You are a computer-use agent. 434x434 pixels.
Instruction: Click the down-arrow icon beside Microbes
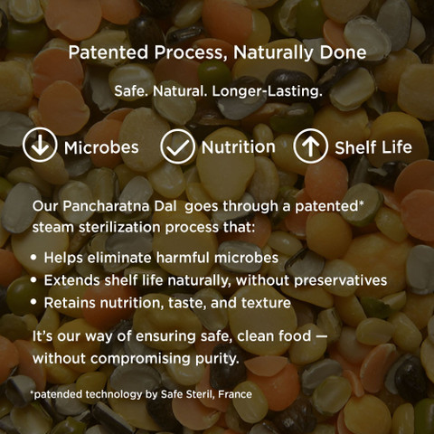[40, 145]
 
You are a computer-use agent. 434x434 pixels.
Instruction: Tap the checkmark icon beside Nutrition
[178, 146]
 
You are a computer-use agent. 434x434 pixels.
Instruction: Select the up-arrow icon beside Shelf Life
[310, 146]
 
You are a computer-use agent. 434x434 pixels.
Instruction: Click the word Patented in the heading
[108, 52]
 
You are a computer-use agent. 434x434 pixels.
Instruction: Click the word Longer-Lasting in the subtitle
[268, 91]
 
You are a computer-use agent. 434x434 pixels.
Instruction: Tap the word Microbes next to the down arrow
[101, 147]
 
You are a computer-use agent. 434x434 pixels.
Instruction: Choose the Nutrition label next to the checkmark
[239, 147]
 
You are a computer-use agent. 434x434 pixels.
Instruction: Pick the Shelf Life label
[373, 147]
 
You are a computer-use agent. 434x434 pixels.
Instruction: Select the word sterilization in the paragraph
[119, 228]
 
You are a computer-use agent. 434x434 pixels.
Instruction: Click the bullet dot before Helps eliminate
[33, 258]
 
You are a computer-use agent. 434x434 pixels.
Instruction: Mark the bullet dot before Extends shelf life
[33, 280]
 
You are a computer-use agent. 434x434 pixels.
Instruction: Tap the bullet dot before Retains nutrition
[33, 302]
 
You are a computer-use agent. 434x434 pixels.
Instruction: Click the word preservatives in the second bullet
[341, 281]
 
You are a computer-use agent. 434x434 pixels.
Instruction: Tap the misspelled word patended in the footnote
[58, 394]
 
